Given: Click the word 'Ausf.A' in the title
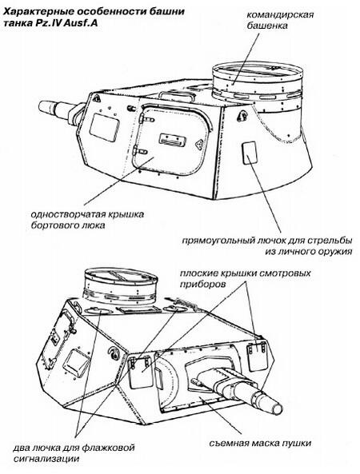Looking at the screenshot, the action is click(81, 23).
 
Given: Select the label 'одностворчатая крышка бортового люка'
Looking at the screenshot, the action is click(87, 220).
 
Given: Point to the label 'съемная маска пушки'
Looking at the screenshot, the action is click(261, 443).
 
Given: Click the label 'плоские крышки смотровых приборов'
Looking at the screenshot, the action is click(246, 279).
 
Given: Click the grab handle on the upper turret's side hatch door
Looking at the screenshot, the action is click(173, 139).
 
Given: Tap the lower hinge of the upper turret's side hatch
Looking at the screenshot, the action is click(140, 150).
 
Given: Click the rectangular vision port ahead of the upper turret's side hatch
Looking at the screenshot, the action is click(104, 125).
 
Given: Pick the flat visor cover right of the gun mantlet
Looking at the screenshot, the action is click(257, 356).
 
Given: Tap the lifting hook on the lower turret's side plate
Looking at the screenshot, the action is click(114, 353).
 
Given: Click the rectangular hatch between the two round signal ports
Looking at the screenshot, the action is click(136, 310).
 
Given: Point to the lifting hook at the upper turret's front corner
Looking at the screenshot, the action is click(97, 98).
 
